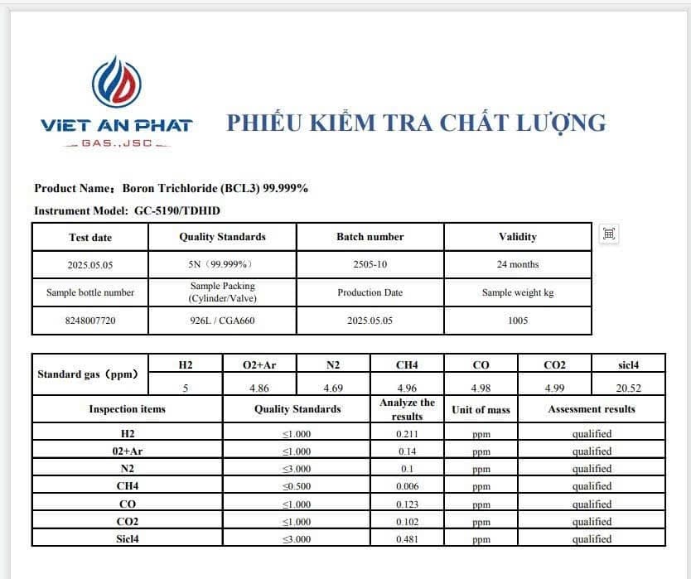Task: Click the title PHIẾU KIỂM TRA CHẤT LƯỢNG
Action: (416, 123)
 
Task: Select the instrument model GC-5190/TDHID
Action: (177, 211)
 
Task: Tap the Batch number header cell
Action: (370, 237)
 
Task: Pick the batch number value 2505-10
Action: (370, 265)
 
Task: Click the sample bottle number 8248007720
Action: (90, 321)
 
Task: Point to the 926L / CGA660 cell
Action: (222, 321)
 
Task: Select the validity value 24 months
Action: (518, 265)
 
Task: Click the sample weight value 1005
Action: (518, 321)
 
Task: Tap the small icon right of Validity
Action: (609, 234)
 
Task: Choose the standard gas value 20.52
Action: (629, 388)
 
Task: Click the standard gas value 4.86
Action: (259, 388)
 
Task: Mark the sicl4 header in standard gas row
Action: (629, 364)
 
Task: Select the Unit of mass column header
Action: (481, 410)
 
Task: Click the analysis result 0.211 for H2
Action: (407, 434)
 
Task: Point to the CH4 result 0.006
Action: (407, 487)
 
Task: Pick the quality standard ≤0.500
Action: (297, 487)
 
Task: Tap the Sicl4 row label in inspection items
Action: (128, 539)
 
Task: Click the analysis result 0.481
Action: (407, 539)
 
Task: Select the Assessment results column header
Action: (592, 409)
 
